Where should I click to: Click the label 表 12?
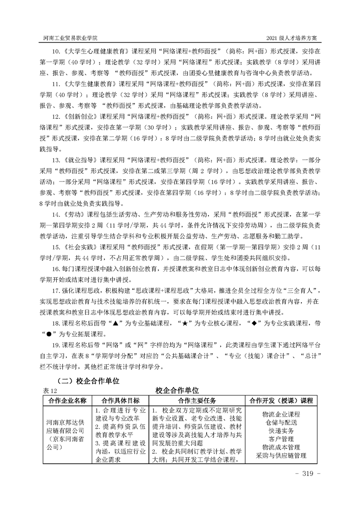50,390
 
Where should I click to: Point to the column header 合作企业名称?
68,401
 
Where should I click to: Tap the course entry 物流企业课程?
281,415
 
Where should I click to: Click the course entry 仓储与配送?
281,423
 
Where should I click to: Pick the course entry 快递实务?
281,431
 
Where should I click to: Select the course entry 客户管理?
281,439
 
